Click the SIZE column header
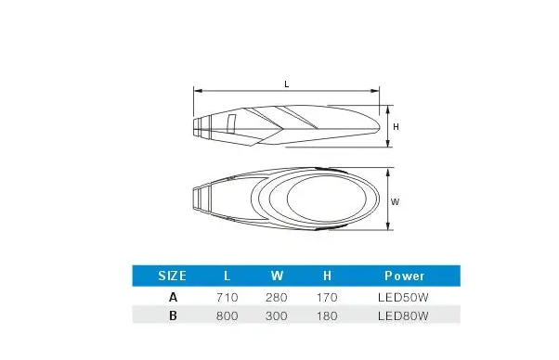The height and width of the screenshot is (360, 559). click(x=172, y=276)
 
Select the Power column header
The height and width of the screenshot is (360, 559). click(x=404, y=276)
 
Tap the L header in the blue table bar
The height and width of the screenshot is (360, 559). click(x=227, y=276)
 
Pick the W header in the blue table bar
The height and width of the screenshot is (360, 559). click(x=277, y=276)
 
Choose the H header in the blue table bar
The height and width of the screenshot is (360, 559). click(x=327, y=276)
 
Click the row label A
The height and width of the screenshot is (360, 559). click(x=173, y=297)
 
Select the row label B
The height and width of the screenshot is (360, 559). click(x=173, y=315)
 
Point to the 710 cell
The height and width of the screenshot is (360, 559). click(x=227, y=297)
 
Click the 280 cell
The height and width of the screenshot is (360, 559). click(x=277, y=297)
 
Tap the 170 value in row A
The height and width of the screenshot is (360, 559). click(x=327, y=297)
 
